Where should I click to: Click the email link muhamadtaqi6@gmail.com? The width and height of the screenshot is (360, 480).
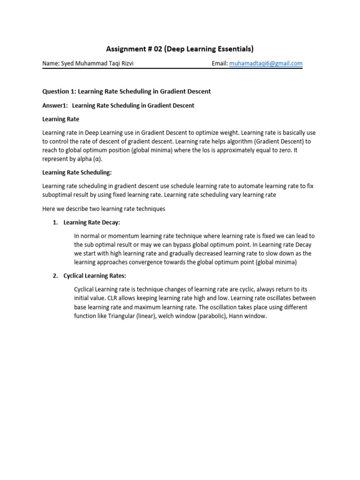266,64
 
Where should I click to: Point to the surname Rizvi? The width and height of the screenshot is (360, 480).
126,64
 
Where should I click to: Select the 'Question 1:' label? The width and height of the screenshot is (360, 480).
60,91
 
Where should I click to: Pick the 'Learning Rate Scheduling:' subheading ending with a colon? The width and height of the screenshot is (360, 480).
77,172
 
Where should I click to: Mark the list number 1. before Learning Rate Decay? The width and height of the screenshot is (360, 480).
55,222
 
